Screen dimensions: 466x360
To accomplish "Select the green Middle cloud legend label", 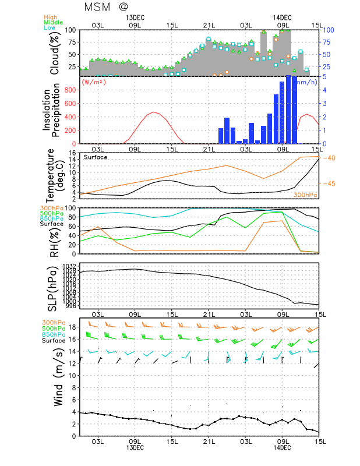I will (54, 22).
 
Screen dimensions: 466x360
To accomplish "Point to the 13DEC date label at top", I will (135, 17).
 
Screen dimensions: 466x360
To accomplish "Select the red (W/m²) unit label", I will (94, 82).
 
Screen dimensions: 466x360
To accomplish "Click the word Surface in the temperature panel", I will (96, 157).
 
